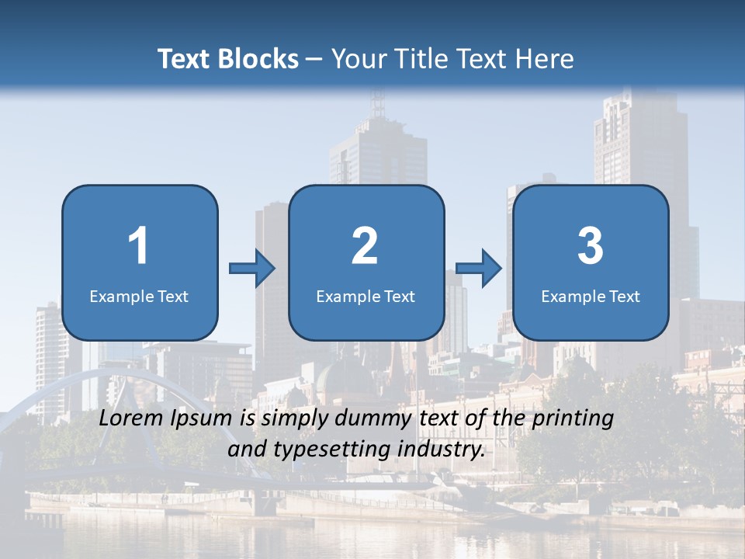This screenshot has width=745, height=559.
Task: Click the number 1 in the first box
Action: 138,246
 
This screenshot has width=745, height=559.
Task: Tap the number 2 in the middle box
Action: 365,246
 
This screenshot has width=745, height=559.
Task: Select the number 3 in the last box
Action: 591,246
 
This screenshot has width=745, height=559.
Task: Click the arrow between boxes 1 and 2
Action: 252,269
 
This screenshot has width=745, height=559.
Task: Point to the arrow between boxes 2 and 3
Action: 479,269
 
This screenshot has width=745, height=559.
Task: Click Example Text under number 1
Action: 139,296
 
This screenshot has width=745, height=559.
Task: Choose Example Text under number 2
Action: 366,296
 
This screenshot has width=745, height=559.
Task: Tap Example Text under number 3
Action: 591,296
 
